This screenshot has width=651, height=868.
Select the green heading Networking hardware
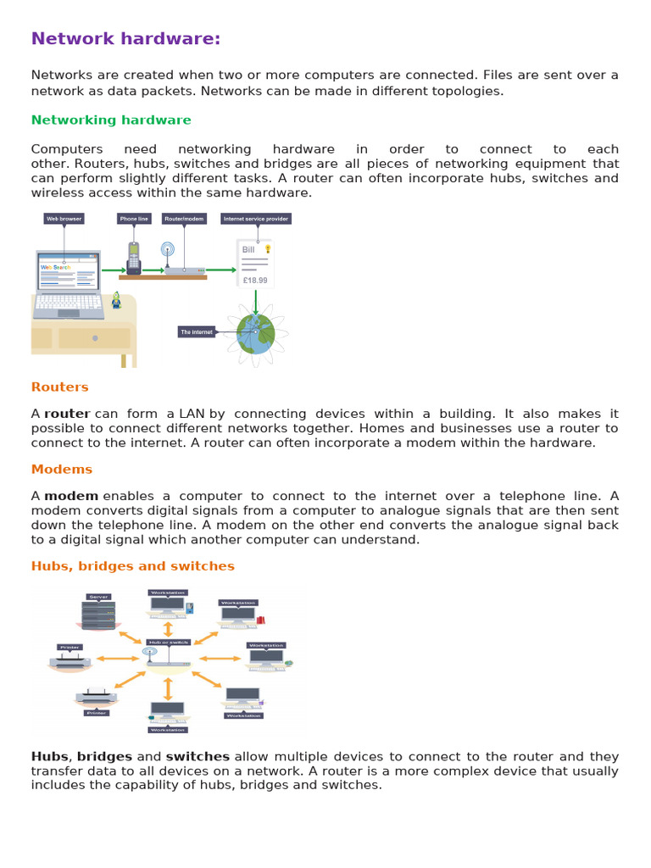111,120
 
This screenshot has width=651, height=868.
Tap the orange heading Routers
59,387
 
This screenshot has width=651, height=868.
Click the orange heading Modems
62,470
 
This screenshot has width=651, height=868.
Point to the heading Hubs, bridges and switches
133,566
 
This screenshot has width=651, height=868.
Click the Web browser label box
64,219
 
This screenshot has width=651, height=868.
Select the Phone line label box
134,219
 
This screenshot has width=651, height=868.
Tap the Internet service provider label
256,219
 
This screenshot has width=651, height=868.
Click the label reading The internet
197,332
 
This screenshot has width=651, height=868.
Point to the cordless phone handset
134,258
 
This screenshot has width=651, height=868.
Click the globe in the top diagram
255,333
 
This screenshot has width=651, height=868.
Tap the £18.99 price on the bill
254,280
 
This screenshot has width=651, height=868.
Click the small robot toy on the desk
116,301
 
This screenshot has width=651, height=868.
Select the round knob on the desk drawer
96,338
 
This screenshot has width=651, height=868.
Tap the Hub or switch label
168,643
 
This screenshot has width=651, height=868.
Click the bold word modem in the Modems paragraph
71,496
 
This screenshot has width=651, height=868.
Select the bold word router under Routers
67,415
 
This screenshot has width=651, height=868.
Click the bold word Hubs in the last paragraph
50,757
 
